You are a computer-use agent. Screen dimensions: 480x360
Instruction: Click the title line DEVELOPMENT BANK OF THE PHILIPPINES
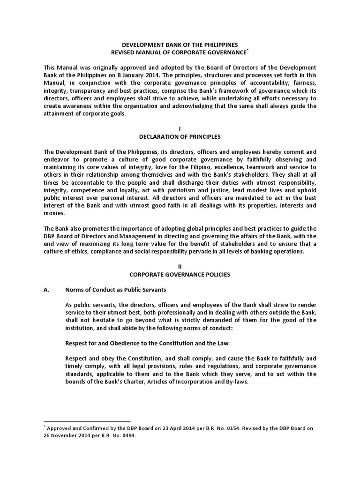pos(180,44)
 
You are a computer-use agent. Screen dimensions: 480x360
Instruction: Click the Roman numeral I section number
pos(180,128)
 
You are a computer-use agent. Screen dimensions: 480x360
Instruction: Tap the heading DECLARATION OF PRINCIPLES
pos(180,137)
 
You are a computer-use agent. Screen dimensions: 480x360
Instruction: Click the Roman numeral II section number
pos(180,266)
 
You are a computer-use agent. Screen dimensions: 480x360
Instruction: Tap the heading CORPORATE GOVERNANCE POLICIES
pos(180,274)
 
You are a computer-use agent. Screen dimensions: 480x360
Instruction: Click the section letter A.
pos(46,290)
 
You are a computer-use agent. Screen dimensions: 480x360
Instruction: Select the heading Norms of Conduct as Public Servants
pos(116,290)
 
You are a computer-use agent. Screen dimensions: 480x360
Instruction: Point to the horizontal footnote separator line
pos(87,421)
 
